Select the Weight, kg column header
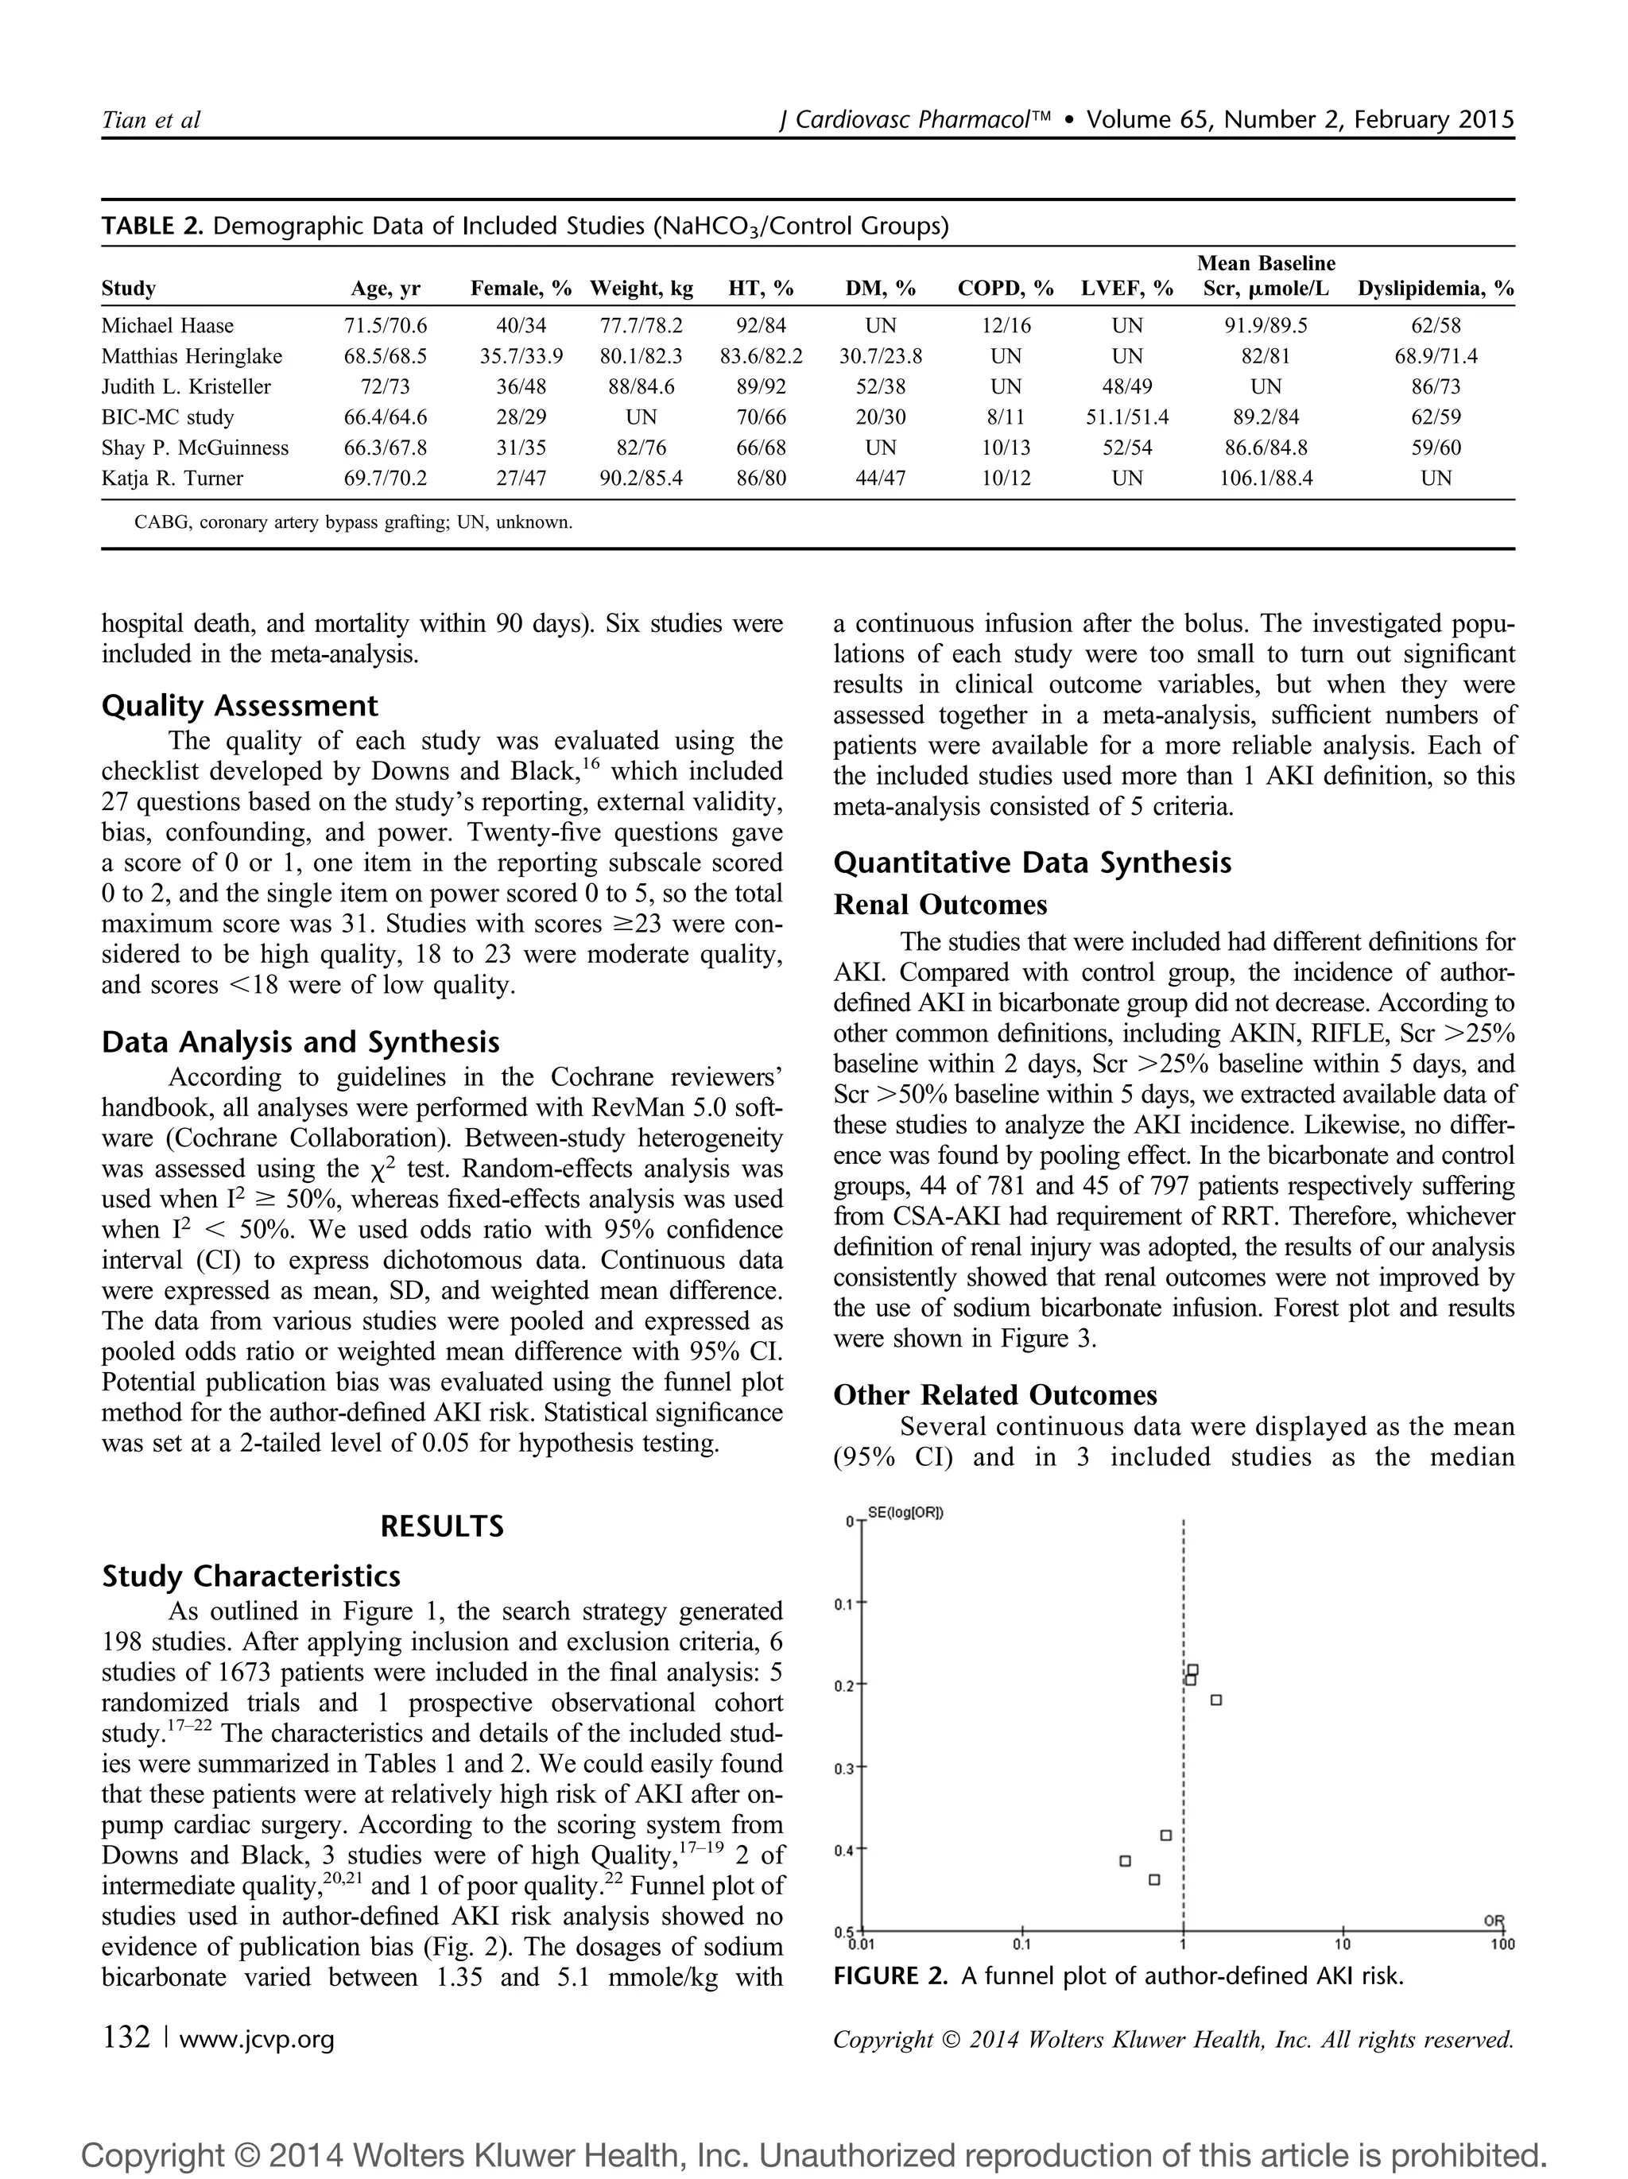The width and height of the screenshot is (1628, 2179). (x=642, y=289)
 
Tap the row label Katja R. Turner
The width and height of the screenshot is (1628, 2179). (x=172, y=479)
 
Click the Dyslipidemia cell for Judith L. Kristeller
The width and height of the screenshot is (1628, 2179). (x=1435, y=387)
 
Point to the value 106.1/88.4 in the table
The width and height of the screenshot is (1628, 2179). (x=1266, y=479)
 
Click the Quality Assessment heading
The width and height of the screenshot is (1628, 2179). (x=239, y=706)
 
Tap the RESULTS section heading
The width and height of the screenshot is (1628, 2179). (x=441, y=1527)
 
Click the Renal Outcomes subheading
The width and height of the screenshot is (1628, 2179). (x=940, y=905)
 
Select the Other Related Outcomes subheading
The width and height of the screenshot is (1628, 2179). (x=994, y=1395)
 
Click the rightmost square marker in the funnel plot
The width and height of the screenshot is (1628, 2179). (x=1215, y=1700)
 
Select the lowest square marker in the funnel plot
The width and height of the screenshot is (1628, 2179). (x=1154, y=1879)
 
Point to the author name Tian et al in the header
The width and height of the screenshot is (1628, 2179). (x=151, y=120)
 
